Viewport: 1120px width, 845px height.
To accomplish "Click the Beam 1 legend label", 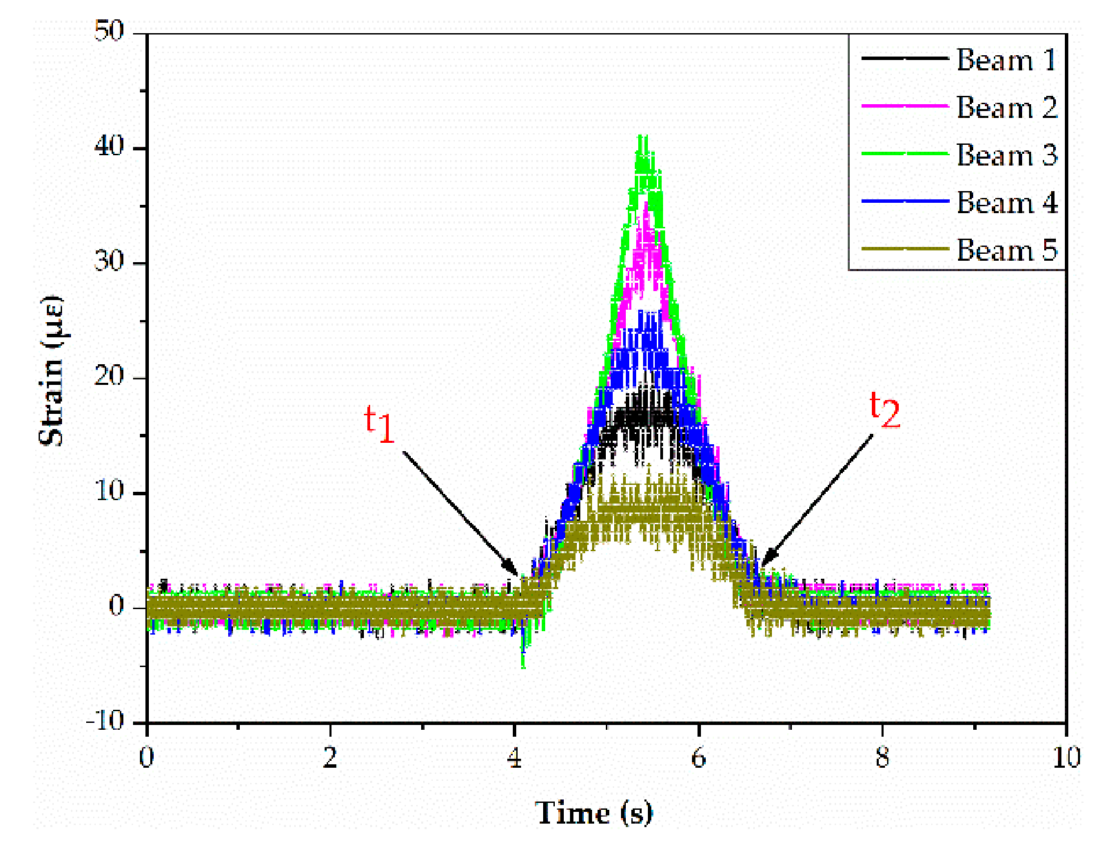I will click(x=1006, y=60).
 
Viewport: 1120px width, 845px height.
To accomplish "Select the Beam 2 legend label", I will click(x=1006, y=108).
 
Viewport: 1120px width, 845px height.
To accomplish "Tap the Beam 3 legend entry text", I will click(x=1006, y=155).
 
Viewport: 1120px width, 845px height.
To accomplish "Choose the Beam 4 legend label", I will click(x=1006, y=203).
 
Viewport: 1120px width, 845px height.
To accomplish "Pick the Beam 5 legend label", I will click(x=1006, y=250).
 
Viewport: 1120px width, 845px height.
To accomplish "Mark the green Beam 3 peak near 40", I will click(x=643, y=141).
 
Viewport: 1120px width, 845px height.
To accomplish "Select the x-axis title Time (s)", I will click(x=593, y=813).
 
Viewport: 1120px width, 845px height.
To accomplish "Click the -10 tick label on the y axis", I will click(x=105, y=722).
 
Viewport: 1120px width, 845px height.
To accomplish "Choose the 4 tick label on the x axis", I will click(x=514, y=757).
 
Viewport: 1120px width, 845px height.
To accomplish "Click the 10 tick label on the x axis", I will click(x=1066, y=757).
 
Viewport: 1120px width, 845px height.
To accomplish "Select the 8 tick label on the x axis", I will click(x=882, y=757).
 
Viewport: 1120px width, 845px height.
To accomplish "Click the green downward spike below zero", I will click(x=523, y=659).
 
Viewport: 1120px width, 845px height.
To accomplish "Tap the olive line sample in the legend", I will click(x=904, y=250).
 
